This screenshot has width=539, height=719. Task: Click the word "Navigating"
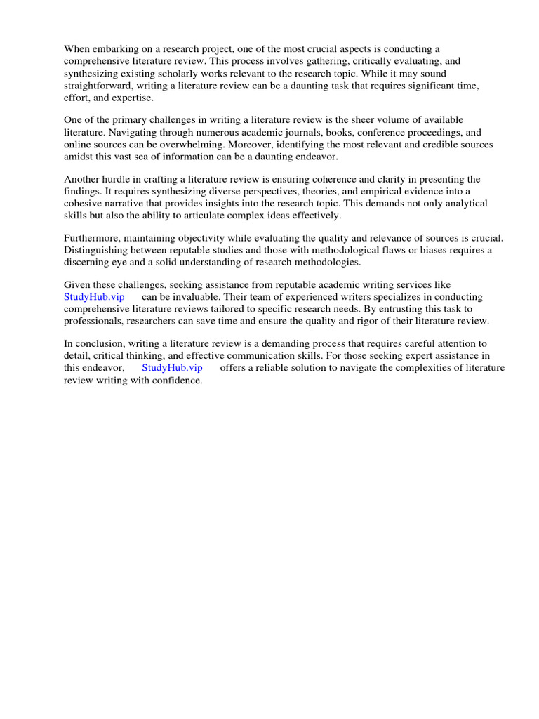pos(140,132)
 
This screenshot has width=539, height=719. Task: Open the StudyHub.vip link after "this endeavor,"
pos(172,369)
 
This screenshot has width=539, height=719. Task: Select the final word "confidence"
pos(178,381)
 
